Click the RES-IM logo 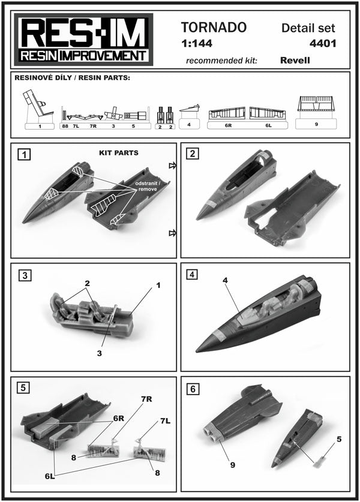83,40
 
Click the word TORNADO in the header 214,28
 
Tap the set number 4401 323,44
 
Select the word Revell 295,60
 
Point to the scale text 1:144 197,44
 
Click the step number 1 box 25,155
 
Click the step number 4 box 192,274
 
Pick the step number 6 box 193,389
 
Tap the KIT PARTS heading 119,153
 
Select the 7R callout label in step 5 146,399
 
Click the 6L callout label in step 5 50,476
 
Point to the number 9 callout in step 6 233,465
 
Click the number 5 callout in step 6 339,439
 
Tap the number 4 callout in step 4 225,281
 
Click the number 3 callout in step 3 99,353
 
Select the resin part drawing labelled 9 316,103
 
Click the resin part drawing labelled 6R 228,113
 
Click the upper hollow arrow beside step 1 172,165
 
